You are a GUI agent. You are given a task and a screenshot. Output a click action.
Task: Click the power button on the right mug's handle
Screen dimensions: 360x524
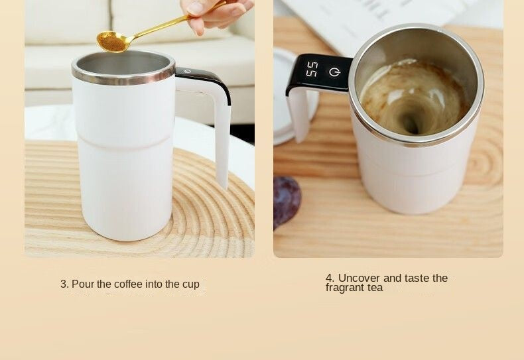click(334, 72)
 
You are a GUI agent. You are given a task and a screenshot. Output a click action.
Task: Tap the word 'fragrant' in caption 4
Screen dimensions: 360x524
click(347, 288)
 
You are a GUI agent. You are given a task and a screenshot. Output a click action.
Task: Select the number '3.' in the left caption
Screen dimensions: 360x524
click(64, 284)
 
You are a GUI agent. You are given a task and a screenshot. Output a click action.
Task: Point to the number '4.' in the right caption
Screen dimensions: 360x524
click(330, 278)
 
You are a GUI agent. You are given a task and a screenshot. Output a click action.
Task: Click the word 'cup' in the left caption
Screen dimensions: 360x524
click(191, 284)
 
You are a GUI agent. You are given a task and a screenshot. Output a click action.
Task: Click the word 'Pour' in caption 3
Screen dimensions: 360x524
click(83, 284)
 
